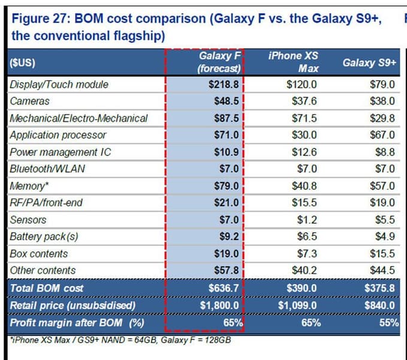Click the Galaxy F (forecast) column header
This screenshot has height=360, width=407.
click(219, 62)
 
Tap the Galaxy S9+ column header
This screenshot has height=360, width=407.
click(369, 62)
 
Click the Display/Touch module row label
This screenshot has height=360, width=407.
click(59, 85)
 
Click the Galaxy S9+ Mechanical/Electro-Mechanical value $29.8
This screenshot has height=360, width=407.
click(382, 118)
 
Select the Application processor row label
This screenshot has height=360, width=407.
click(58, 135)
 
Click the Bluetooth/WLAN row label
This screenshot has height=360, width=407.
click(47, 169)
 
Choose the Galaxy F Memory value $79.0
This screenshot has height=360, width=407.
click(226, 186)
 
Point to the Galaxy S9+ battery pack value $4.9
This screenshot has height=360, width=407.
click(385, 236)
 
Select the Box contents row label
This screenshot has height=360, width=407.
click(38, 254)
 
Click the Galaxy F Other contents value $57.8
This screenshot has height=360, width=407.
click(226, 271)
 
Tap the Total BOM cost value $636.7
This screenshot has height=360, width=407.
click(224, 288)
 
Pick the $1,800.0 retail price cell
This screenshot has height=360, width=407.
click(219, 305)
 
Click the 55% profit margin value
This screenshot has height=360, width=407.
click(390, 323)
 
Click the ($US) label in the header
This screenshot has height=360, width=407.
click(22, 62)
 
